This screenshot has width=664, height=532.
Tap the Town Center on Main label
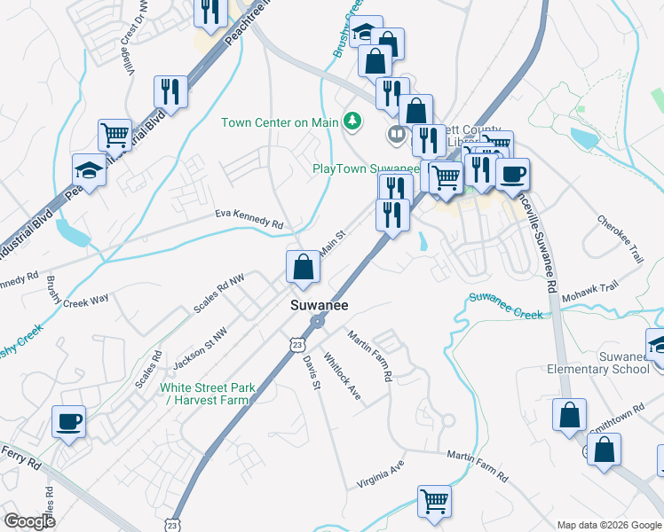click(x=281, y=121)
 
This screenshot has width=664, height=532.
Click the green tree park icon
click(x=353, y=121)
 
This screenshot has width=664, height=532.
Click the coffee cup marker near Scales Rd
click(x=68, y=422)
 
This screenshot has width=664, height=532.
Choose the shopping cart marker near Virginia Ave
click(x=435, y=502)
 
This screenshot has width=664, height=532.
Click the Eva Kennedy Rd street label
click(x=249, y=219)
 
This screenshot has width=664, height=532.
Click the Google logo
click(x=30, y=520)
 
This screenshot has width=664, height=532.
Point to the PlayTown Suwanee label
click(x=365, y=168)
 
